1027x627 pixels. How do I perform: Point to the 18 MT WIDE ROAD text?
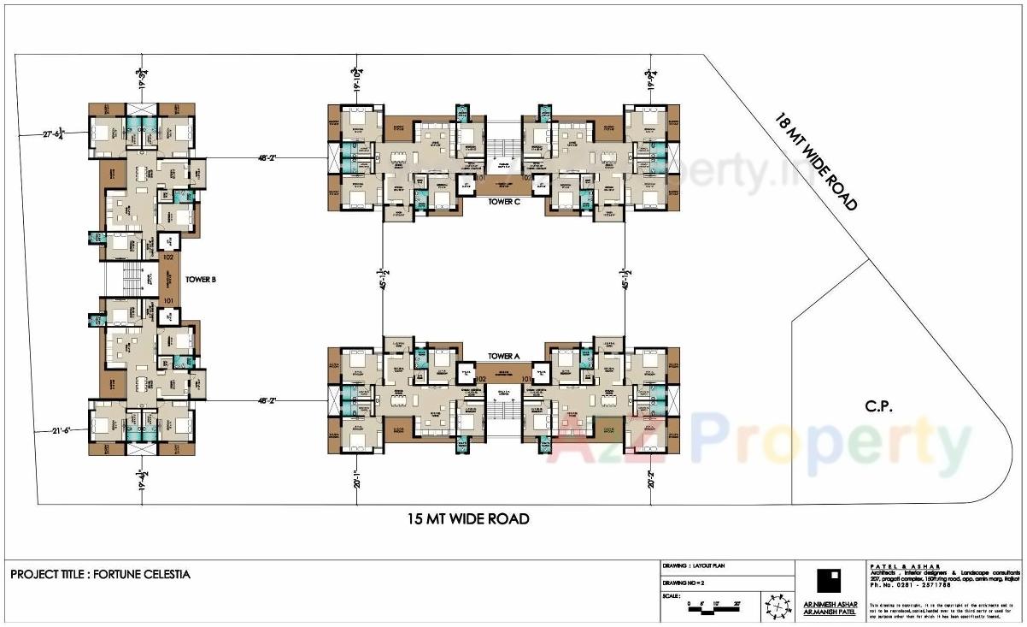815,161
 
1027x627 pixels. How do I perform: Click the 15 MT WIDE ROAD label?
467,518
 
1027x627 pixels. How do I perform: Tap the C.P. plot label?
877,407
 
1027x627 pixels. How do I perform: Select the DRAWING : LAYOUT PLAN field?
695,566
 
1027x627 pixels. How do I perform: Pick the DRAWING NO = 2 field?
683,583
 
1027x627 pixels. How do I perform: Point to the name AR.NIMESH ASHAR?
825,605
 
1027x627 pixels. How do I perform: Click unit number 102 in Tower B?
168,257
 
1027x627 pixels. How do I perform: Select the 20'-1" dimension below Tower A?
356,483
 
